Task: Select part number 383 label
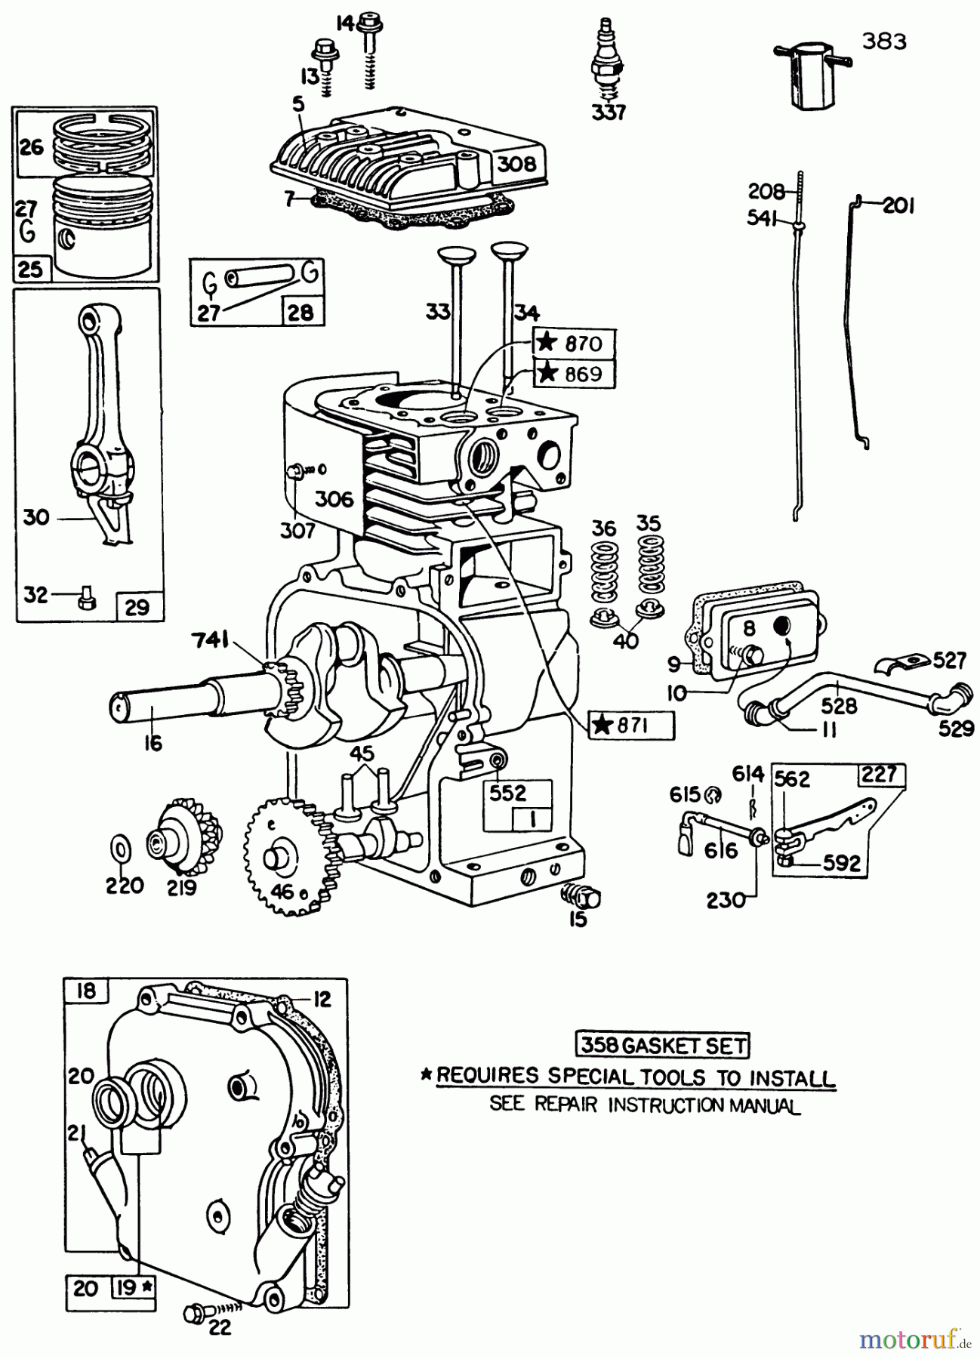pyautogui.click(x=884, y=41)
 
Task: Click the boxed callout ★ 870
pyautogui.click(x=575, y=344)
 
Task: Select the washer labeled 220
pyautogui.click(x=119, y=849)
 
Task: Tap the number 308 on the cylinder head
pyautogui.click(x=516, y=163)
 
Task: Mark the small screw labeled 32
pyautogui.click(x=85, y=599)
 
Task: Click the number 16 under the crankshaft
pyautogui.click(x=153, y=742)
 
